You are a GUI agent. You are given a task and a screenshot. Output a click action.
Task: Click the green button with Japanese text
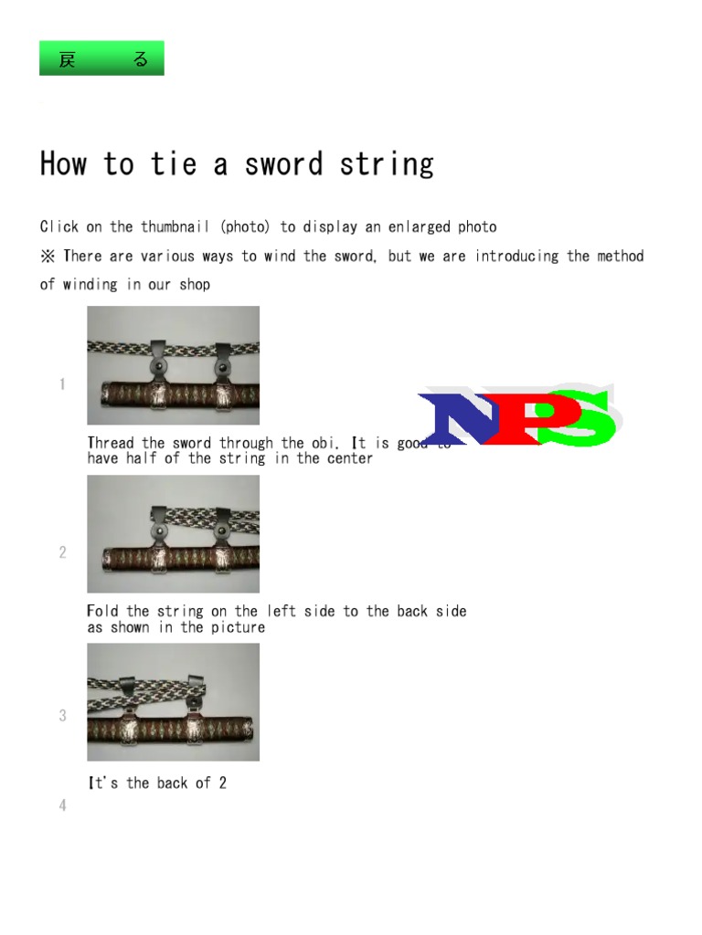click(101, 58)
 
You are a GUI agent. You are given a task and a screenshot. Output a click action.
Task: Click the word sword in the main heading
click(283, 164)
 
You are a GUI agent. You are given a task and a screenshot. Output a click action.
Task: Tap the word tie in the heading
click(173, 164)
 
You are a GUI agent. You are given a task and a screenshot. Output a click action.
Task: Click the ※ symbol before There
click(48, 257)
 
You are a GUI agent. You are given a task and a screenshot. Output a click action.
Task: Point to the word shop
click(195, 285)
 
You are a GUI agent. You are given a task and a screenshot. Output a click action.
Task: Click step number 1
click(62, 384)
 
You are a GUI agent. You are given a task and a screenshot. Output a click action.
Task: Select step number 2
click(62, 552)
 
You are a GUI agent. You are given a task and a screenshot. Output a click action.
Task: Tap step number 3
click(62, 716)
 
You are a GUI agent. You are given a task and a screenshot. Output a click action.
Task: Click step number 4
click(62, 805)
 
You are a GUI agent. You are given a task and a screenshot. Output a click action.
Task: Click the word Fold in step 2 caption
click(103, 612)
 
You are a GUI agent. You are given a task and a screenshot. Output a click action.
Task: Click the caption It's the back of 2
click(156, 783)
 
